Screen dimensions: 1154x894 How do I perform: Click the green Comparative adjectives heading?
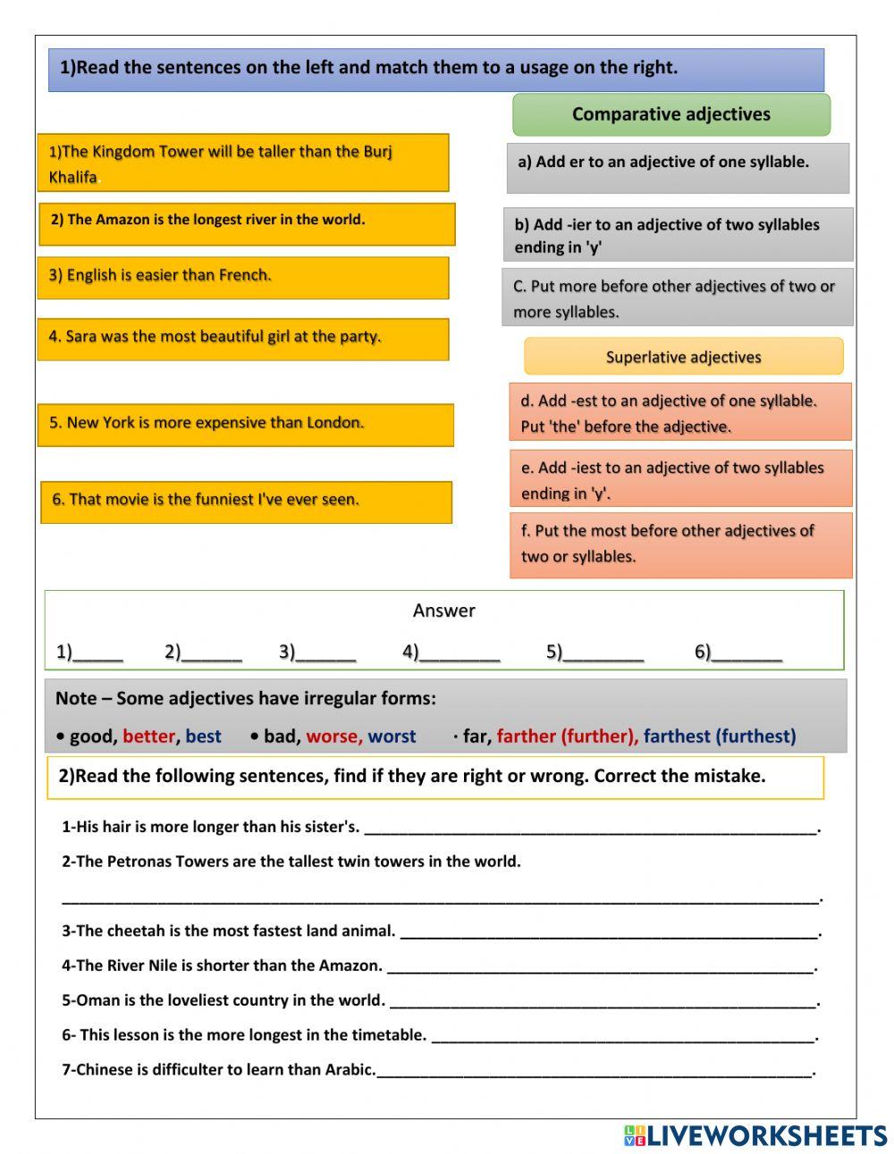(670, 114)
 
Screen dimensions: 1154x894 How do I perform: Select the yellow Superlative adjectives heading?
(683, 357)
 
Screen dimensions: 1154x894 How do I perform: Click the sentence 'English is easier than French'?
(243, 277)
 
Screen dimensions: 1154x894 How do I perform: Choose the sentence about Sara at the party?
(243, 339)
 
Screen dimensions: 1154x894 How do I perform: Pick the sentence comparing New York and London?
(245, 425)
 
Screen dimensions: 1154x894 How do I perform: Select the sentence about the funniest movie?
(246, 501)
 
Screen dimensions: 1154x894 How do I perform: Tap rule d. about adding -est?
(679, 413)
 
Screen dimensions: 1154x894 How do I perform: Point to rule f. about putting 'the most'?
(680, 543)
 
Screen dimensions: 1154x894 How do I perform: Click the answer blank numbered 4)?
(459, 653)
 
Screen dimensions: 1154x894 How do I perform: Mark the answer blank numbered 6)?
(746, 653)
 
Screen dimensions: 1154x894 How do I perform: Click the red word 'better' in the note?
(148, 736)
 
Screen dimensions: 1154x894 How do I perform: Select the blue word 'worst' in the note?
(392, 736)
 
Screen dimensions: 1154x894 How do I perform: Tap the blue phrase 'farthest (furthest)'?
(719, 736)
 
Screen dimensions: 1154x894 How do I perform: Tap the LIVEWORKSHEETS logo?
(755, 1135)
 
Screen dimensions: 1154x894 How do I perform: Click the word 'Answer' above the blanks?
(443, 611)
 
